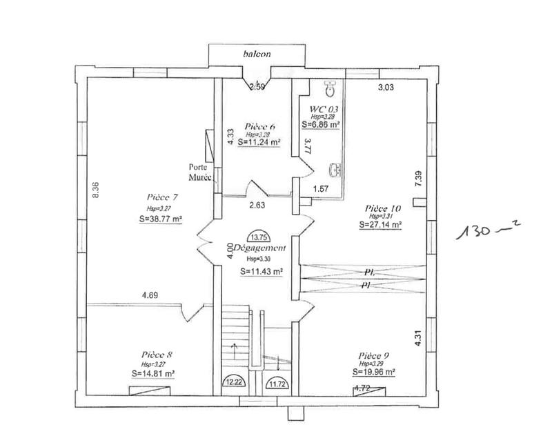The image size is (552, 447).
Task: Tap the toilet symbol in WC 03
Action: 330,88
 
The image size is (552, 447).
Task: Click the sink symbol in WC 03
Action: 335,168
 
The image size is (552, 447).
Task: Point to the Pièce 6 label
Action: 260,126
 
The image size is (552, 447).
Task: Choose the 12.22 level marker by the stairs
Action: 233,380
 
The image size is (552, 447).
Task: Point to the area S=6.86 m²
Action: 322,124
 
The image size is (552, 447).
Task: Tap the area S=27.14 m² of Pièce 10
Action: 380,224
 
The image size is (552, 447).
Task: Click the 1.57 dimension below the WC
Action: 322,188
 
